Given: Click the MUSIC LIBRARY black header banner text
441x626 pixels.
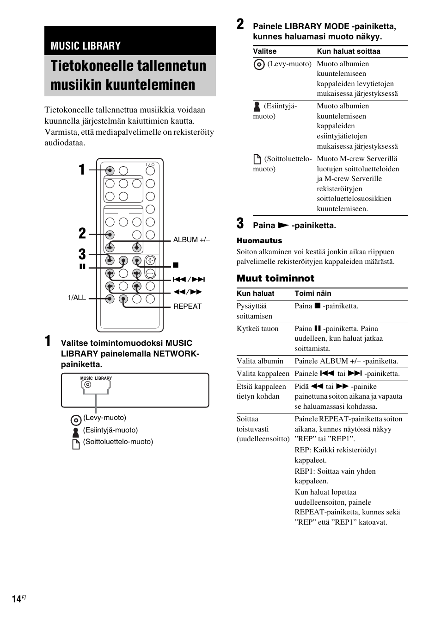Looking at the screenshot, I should tap(86, 45).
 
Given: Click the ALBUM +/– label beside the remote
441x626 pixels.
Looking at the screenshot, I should tap(191, 240).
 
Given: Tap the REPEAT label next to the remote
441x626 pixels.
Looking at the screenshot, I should tap(187, 306).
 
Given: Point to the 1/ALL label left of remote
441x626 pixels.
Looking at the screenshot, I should tap(77, 298).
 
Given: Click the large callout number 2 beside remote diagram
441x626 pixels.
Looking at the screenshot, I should tap(82, 233).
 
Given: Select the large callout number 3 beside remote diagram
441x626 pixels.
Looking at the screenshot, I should tap(82, 254).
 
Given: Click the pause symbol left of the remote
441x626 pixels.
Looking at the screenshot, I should tap(83, 267).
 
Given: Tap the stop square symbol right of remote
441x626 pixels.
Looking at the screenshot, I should tap(176, 265).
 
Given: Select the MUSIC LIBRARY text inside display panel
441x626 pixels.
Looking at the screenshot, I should tap(96, 378).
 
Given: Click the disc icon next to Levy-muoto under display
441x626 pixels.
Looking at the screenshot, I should tap(76, 420).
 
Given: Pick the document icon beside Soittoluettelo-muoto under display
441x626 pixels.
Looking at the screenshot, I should tap(76, 444).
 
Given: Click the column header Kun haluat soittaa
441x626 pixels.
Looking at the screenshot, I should tap(349, 51).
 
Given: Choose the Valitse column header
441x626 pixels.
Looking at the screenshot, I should tap(264, 51).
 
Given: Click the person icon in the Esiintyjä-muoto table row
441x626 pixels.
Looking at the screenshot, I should tap(257, 106).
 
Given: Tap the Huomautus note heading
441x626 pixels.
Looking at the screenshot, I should tap(259, 240).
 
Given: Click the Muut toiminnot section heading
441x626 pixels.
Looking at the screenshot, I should tap(276, 278).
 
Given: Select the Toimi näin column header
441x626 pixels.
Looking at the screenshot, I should tap(313, 294).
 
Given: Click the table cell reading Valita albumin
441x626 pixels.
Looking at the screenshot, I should tap(260, 361).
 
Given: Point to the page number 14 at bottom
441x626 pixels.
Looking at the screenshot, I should tap(17, 599).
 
